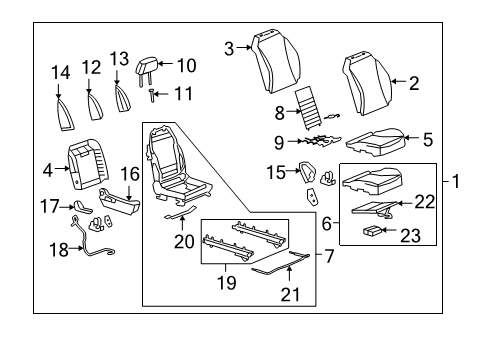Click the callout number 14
coord(62,72)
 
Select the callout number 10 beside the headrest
coord(187,66)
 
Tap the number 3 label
coord(229,47)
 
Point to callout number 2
coord(413,84)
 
